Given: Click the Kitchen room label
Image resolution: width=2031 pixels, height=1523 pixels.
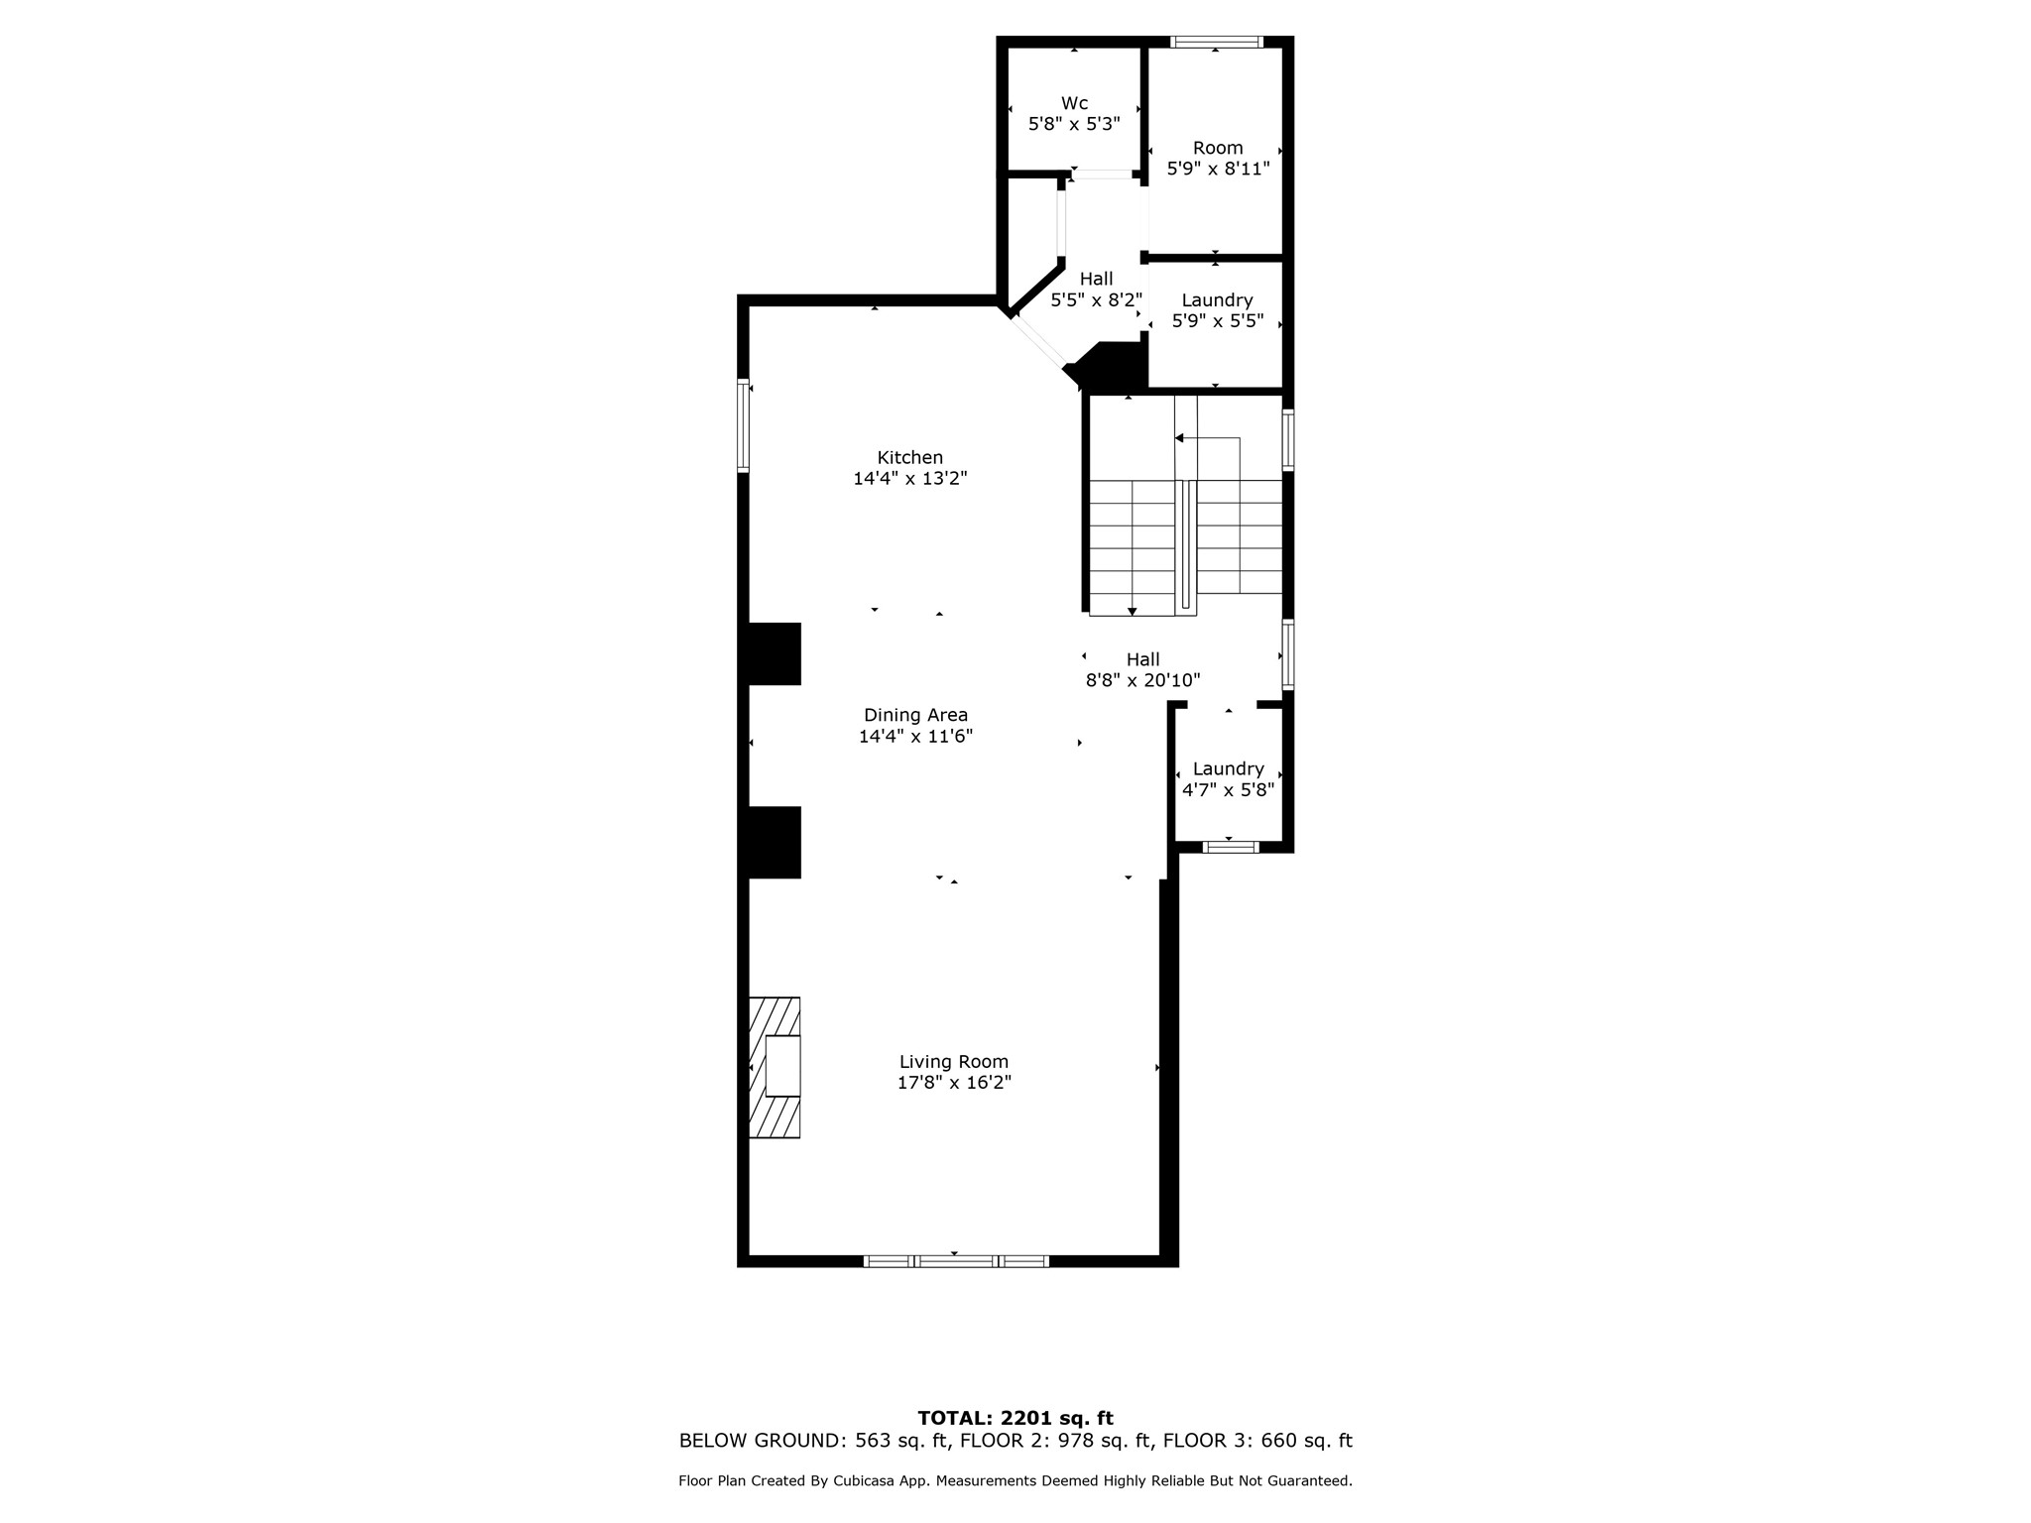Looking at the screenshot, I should tap(909, 458).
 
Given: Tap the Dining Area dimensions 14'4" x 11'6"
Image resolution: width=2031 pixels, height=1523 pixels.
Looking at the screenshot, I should tap(915, 737).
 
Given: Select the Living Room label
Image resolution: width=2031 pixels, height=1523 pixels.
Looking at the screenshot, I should tap(953, 1062).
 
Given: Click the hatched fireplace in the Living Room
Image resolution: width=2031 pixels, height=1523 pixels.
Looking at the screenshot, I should tap(775, 1067).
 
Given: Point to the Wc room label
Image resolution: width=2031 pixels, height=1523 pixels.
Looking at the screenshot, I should tap(1074, 103).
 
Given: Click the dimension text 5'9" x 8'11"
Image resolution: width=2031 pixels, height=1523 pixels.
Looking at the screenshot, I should tap(1218, 170).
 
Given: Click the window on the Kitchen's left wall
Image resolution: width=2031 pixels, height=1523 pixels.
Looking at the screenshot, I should tap(743, 425).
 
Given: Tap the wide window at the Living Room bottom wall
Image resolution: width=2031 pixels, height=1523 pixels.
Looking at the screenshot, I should tap(956, 1261).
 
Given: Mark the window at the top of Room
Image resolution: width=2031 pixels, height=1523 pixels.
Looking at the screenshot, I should tap(1216, 42).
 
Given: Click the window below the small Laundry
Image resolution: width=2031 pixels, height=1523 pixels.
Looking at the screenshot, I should tap(1230, 847).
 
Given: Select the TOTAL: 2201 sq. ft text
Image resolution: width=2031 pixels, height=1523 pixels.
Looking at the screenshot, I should tap(1015, 1418).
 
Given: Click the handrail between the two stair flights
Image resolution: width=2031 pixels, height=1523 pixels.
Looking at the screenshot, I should tap(1185, 544).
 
